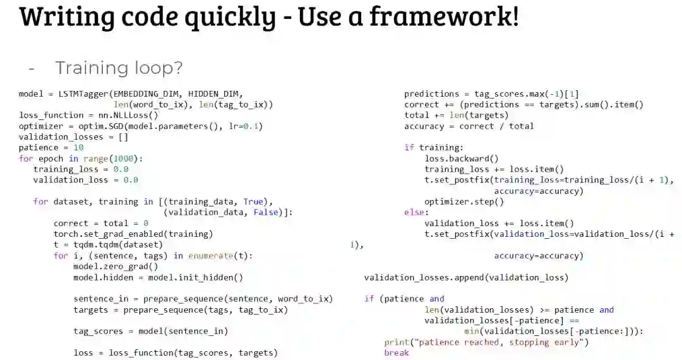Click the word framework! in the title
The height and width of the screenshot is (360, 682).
444,16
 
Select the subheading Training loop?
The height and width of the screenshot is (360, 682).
119,68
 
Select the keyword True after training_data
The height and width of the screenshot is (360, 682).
254,201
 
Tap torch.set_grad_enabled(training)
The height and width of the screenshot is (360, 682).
133,234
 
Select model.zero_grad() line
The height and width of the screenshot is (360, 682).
116,267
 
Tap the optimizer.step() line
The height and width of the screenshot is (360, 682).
464,201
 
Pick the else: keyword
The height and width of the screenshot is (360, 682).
416,212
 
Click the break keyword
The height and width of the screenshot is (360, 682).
396,352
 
